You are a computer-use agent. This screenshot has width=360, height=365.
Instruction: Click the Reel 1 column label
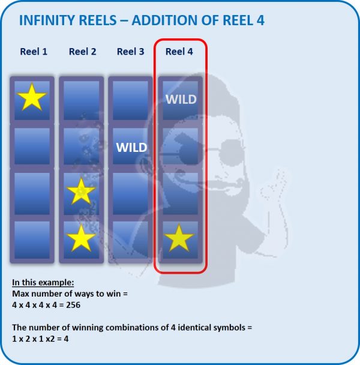[34, 52]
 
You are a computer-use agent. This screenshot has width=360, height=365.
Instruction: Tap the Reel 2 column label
[83, 52]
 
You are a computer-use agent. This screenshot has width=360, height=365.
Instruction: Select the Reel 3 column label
[131, 52]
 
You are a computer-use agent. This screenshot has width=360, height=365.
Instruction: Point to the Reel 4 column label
[179, 52]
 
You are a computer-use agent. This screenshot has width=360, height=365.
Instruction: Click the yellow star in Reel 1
[32, 98]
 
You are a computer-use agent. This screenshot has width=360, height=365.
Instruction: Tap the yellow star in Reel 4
[179, 238]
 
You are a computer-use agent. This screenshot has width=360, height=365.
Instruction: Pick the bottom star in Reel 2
[81, 238]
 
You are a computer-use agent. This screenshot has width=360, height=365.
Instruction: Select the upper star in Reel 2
[81, 192]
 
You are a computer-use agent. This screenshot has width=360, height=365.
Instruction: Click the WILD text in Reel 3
[132, 147]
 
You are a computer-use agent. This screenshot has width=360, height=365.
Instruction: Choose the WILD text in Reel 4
[181, 100]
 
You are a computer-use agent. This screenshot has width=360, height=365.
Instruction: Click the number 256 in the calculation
[73, 305]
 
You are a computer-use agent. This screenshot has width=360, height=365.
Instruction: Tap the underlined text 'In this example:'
[43, 282]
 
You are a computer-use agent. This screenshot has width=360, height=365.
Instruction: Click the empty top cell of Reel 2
[81, 100]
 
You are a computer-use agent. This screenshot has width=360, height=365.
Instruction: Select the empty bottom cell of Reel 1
[32, 240]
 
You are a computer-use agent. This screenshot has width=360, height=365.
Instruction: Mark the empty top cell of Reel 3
[130, 100]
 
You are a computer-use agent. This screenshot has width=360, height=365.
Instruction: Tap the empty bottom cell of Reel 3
[130, 240]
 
